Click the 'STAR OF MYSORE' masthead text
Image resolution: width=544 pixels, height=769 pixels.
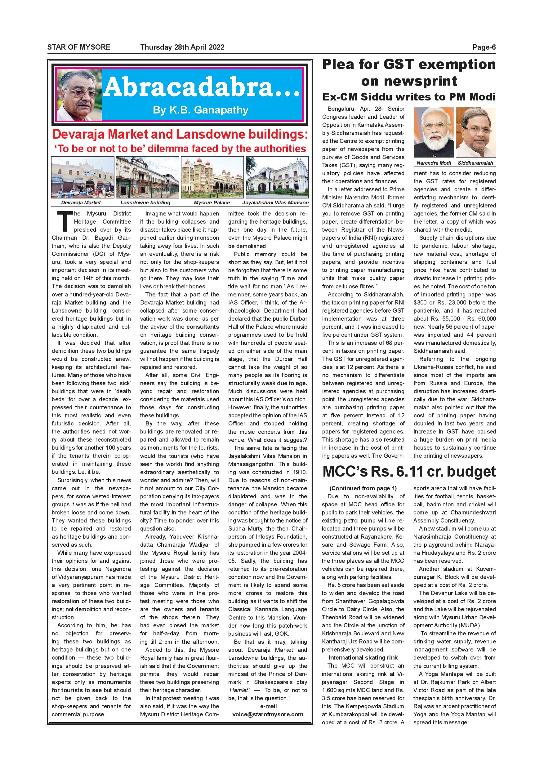tap(79, 47)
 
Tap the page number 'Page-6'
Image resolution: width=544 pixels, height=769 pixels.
tap(484, 47)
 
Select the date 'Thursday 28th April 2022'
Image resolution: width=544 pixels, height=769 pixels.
tap(182, 47)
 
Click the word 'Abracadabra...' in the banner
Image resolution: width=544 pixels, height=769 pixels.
tap(201, 88)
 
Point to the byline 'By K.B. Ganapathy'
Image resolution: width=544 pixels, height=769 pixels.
tap(200, 110)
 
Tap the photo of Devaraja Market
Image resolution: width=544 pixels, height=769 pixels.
tap(83, 177)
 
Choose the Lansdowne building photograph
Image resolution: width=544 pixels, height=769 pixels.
tap(147, 177)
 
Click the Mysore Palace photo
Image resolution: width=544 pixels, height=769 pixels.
tap(212, 177)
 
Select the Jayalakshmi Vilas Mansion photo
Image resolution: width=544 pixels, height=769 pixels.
tap(277, 177)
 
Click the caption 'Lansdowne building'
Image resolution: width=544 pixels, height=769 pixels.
tap(145, 202)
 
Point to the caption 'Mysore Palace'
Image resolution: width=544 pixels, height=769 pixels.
tap(212, 202)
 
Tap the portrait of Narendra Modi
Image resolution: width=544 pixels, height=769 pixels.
tap(434, 132)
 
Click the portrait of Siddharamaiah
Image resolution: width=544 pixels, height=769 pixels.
tap(476, 132)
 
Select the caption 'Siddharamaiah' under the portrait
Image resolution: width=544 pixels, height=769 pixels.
tap(475, 163)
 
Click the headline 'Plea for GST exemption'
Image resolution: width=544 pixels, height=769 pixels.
tap(409, 64)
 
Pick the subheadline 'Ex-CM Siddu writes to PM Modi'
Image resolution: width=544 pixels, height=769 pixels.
tap(409, 97)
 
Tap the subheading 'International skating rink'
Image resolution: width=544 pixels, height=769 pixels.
tap(363, 657)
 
